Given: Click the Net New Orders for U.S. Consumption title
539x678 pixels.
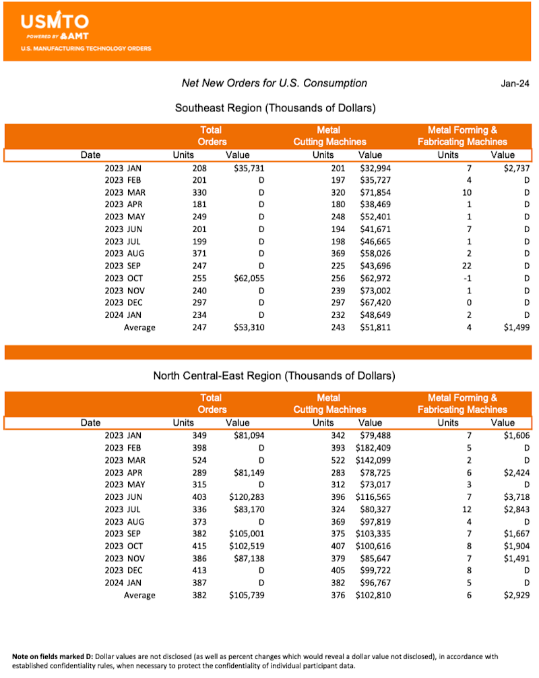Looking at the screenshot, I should click(274, 83).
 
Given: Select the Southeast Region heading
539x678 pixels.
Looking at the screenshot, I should click(275, 108).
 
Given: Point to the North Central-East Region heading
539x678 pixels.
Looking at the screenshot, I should click(274, 376).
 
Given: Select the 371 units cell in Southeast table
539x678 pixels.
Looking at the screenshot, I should click(198, 254).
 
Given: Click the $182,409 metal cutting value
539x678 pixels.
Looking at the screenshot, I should click(373, 448).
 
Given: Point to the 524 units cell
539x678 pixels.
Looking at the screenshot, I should click(198, 460).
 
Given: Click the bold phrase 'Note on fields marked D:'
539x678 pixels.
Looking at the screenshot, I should click(57, 656).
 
